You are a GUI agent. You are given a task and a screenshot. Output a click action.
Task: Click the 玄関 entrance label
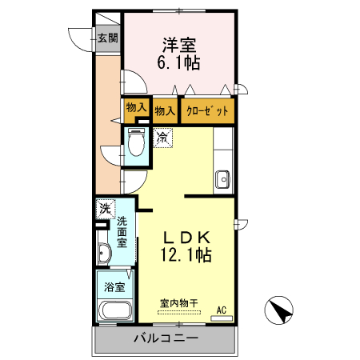[x=108, y=37]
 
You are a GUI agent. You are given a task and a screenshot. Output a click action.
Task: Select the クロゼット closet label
[x=209, y=110]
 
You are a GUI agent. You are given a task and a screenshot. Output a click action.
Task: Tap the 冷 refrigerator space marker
[x=163, y=137]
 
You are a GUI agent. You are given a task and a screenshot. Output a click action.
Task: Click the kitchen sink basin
[x=222, y=178]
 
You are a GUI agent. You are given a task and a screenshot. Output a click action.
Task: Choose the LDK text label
[x=187, y=238]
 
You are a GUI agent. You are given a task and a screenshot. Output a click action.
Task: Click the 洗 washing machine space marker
[x=104, y=208]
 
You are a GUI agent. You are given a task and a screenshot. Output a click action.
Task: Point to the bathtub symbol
[x=113, y=311]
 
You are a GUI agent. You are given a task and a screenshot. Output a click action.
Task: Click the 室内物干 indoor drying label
[x=179, y=303]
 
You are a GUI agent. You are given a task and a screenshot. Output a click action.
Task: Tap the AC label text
[x=222, y=309]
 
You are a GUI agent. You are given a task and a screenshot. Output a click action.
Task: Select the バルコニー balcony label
[x=165, y=339]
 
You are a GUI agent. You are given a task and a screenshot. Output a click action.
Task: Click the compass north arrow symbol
[x=279, y=310]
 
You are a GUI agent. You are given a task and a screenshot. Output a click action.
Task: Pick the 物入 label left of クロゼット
[x=166, y=110]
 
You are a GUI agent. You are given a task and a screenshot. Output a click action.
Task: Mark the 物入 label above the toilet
[x=135, y=107]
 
